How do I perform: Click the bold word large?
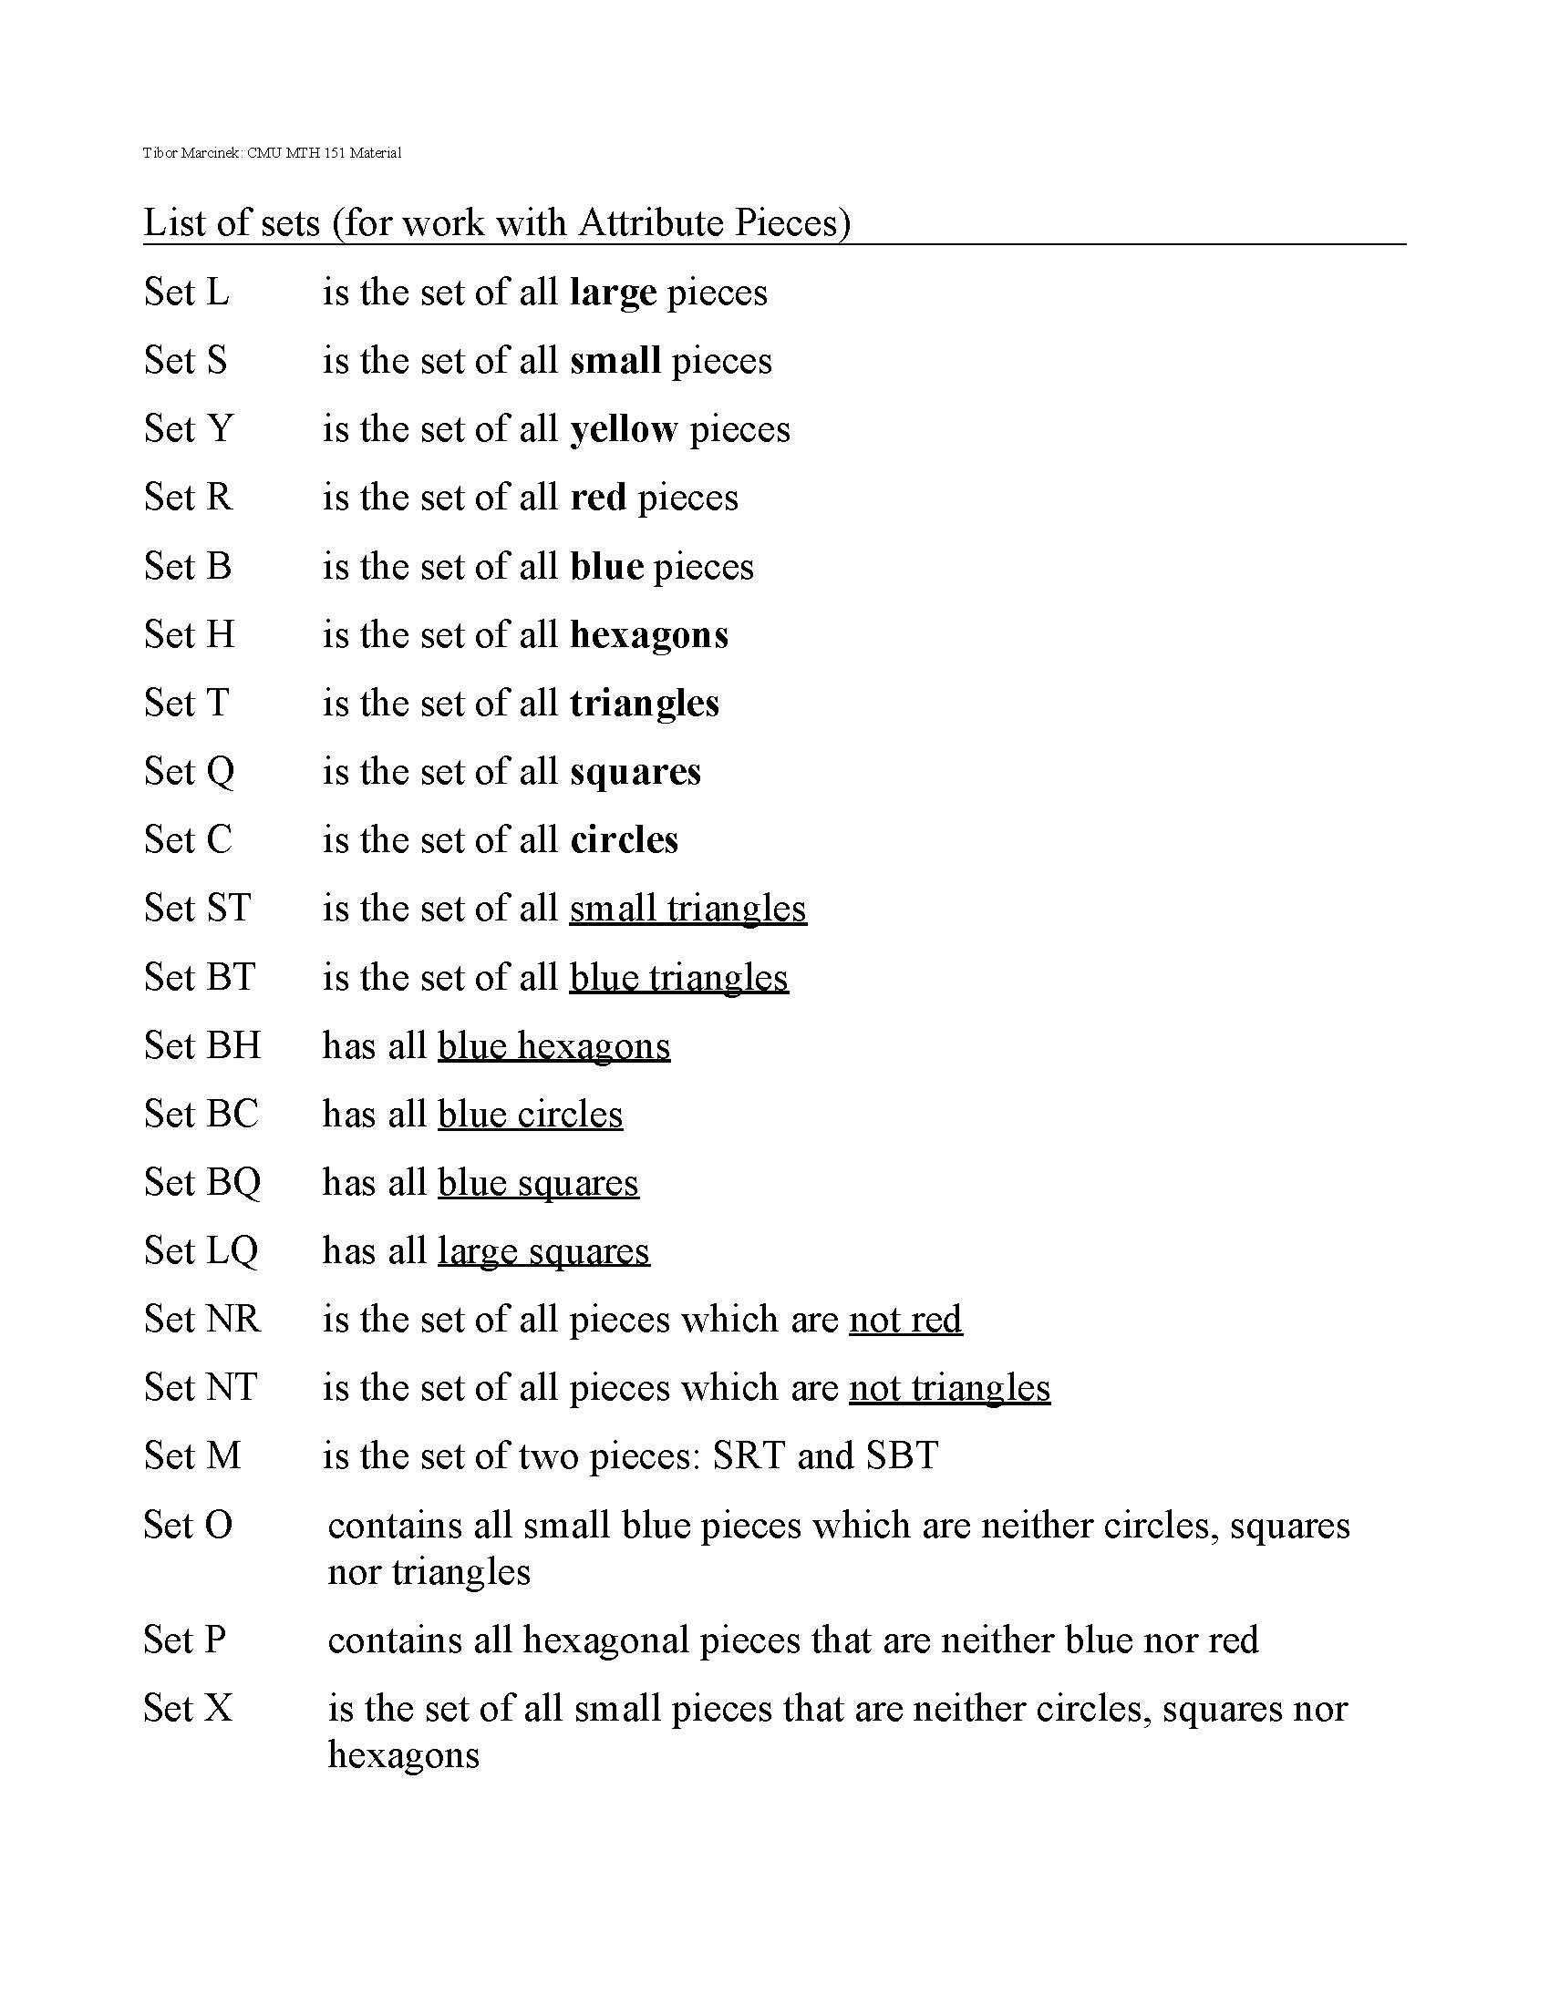tap(613, 293)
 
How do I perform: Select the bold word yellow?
tap(624, 429)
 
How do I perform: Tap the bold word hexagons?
tap(648, 635)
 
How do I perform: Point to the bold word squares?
tap(635, 772)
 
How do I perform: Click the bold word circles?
tap(624, 840)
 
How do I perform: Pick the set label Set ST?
tap(197, 908)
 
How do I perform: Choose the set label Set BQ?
tap(202, 1182)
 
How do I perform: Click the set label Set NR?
tap(202, 1320)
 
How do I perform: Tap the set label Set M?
tap(191, 1456)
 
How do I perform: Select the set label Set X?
tap(187, 1709)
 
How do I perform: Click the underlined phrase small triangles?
tap(687, 909)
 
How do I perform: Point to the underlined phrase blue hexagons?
tap(553, 1046)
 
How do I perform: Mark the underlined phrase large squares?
tap(543, 1251)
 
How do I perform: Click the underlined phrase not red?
tap(905, 1320)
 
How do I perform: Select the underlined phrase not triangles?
tap(949, 1388)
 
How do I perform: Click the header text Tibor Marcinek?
tap(191, 153)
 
